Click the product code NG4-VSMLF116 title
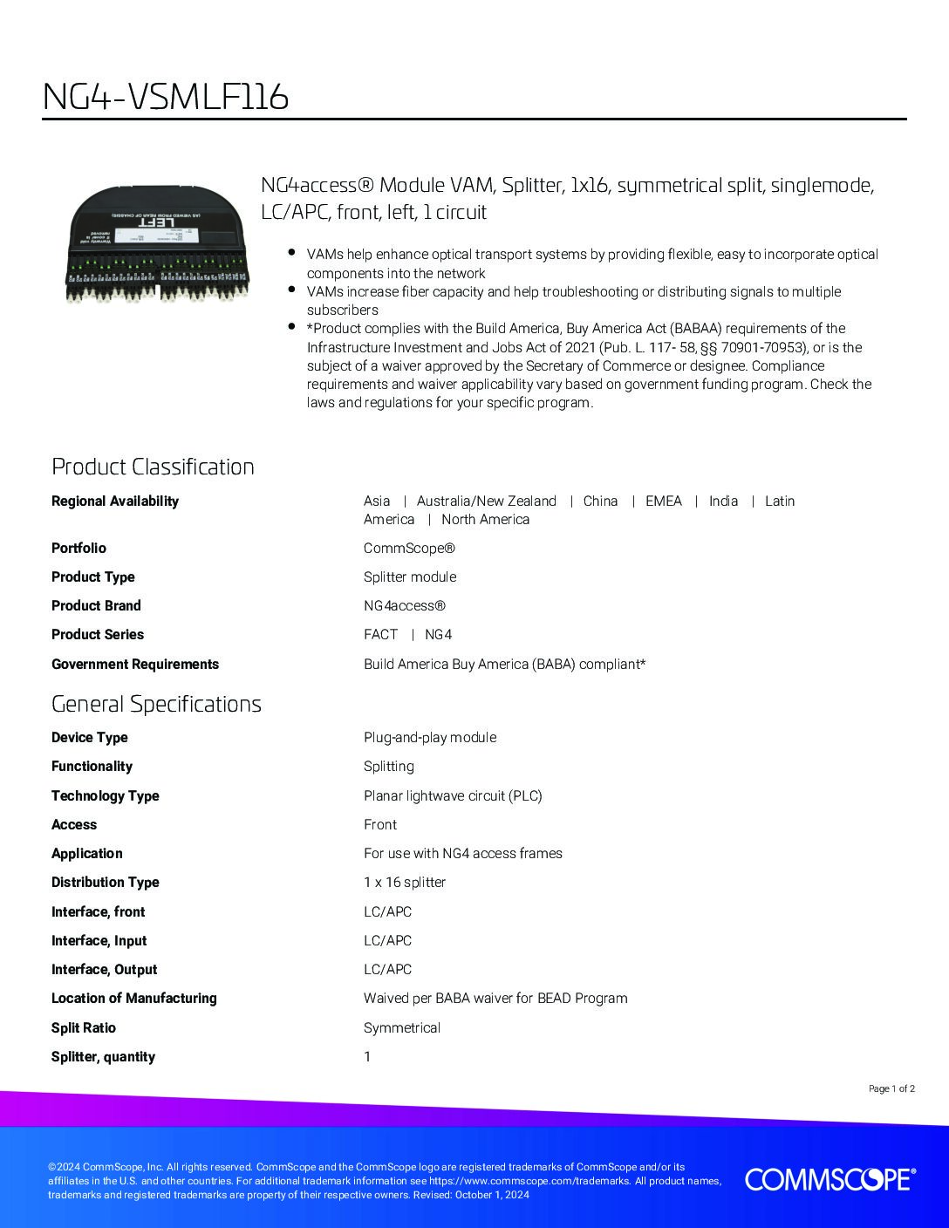(x=166, y=98)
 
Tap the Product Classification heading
(x=153, y=467)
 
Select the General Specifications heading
(x=156, y=704)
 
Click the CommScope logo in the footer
(x=830, y=1179)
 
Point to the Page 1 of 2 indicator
(x=891, y=1088)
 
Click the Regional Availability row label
(x=115, y=501)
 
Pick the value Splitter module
(x=410, y=577)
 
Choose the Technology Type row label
(x=106, y=796)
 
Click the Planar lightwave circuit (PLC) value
(x=453, y=796)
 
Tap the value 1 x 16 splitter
(x=405, y=883)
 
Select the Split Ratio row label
(x=84, y=1028)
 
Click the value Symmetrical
(x=402, y=1028)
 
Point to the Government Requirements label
(x=135, y=665)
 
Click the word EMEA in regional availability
(x=664, y=501)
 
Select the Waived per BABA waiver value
(x=495, y=999)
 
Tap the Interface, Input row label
(x=99, y=941)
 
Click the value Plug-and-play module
(x=430, y=738)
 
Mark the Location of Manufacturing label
(x=134, y=999)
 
